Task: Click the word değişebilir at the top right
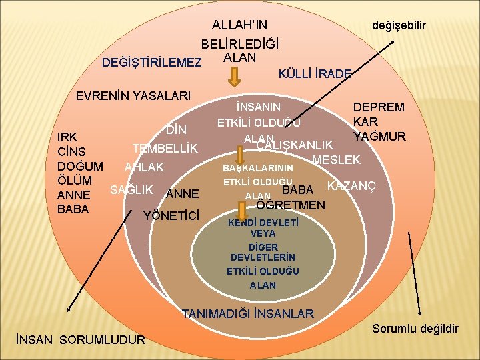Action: tap(399, 25)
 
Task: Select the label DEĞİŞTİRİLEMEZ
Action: tap(151, 63)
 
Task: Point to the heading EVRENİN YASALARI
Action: tap(133, 95)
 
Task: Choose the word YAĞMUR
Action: tap(380, 136)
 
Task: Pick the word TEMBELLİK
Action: tap(165, 148)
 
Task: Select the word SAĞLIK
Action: tap(132, 189)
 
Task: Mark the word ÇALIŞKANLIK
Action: tap(295, 145)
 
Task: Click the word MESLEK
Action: tap(336, 160)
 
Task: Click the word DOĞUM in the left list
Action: tap(80, 166)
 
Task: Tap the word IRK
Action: tap(67, 138)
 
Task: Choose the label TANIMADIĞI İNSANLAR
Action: tap(248, 313)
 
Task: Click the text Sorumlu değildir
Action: tap(415, 329)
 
